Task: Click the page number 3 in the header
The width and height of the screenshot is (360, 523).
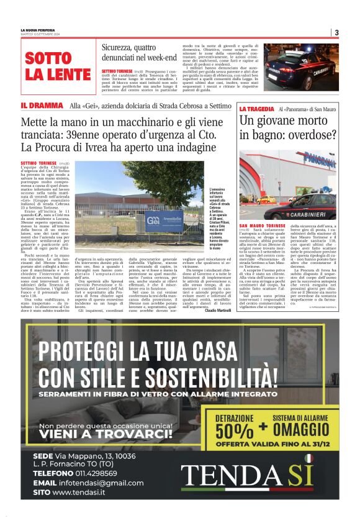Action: coord(336,32)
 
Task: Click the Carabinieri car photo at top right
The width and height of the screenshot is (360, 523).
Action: coord(301,67)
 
